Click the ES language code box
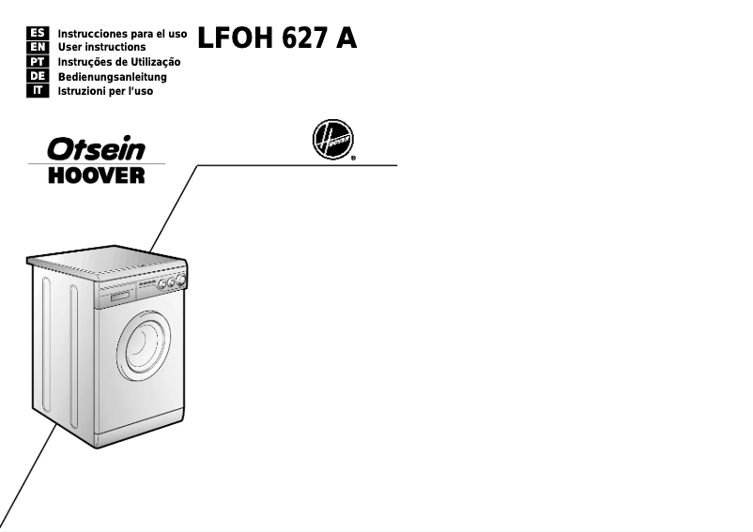tap(39, 32)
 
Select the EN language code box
tap(39, 46)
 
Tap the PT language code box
tap(39, 61)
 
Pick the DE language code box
tap(39, 76)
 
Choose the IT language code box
tap(39, 91)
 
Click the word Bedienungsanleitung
tap(112, 77)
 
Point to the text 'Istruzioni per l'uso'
tap(105, 92)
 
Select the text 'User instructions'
tap(101, 47)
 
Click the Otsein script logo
tap(98, 149)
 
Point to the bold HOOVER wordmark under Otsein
tap(98, 175)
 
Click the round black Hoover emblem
tap(332, 142)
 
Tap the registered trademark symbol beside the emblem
tap(353, 160)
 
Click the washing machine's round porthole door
tap(144, 344)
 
